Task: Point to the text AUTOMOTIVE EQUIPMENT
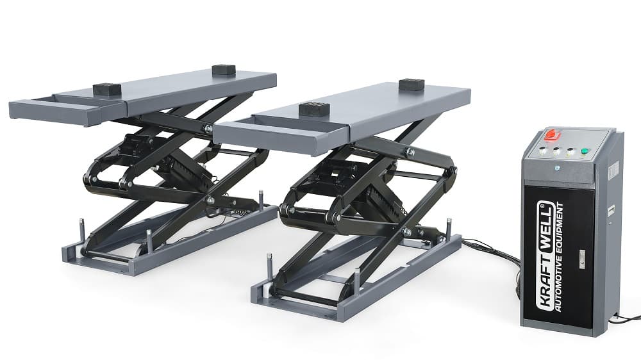click(x=558, y=257)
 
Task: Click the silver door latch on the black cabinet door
click(x=582, y=259)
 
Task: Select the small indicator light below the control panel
click(x=557, y=168)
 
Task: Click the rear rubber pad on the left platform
click(x=224, y=69)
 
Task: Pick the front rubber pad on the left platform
click(x=106, y=88)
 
